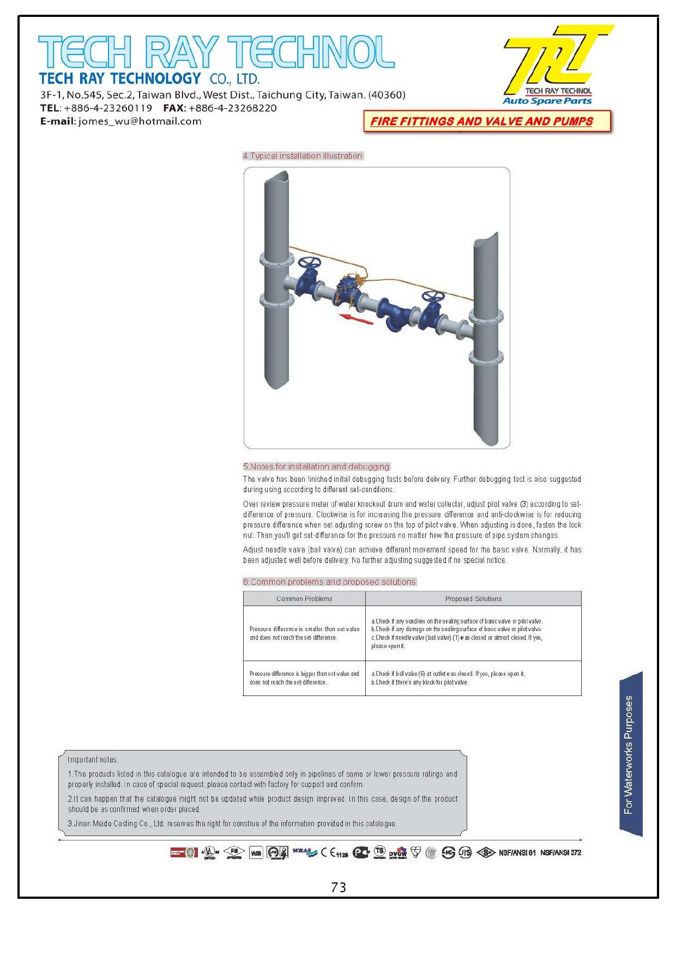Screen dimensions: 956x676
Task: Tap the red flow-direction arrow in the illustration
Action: tap(355, 319)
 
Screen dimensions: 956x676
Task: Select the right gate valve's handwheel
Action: tap(433, 297)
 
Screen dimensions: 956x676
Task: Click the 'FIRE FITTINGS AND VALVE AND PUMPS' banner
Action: tap(481, 122)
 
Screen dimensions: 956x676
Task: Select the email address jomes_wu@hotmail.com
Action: tap(140, 122)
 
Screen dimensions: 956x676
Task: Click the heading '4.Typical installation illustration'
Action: tap(303, 156)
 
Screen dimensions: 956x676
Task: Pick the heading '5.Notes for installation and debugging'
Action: tap(316, 467)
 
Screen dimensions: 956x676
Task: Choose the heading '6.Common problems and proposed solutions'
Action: tap(329, 582)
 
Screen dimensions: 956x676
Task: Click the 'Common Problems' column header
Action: tap(304, 599)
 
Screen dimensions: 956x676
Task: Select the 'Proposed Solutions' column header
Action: tap(473, 599)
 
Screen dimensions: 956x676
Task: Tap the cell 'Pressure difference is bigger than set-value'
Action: tap(304, 678)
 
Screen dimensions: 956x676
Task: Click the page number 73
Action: tap(338, 888)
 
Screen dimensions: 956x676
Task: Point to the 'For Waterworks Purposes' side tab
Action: tap(630, 755)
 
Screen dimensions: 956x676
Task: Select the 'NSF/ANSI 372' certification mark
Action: tap(561, 852)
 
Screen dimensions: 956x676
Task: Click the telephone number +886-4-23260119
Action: tap(108, 108)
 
